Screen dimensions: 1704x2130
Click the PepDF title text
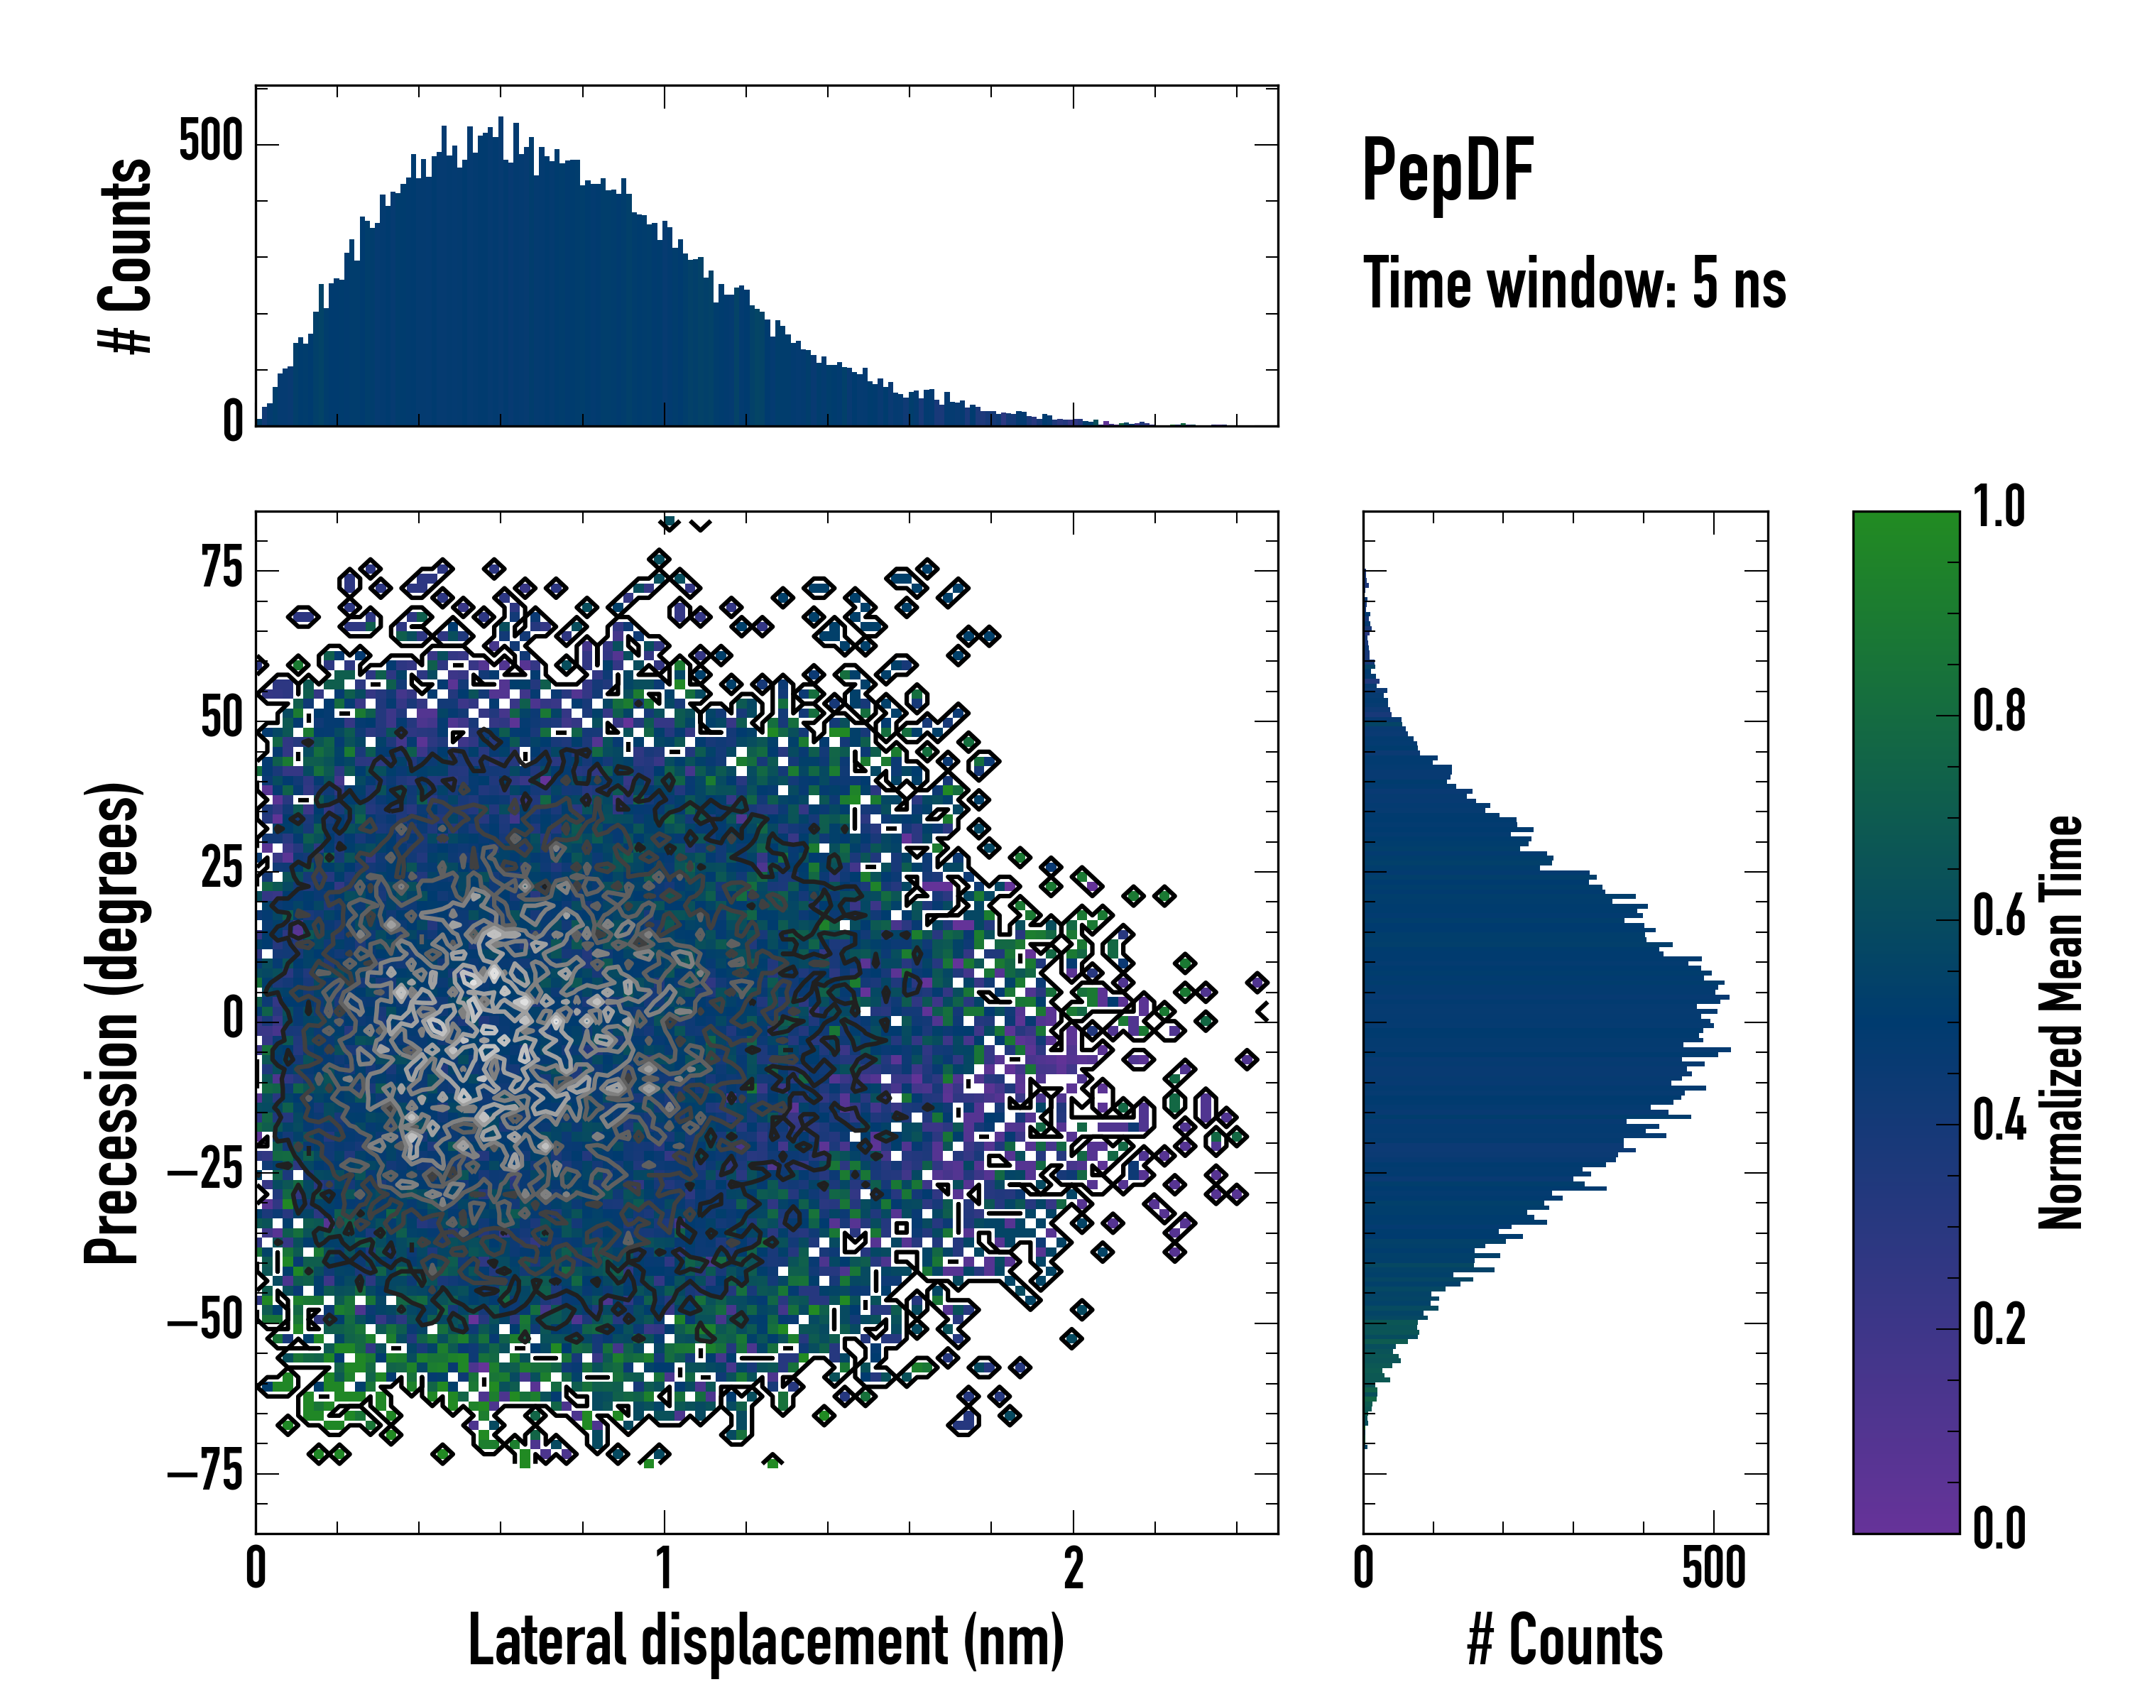tap(1447, 171)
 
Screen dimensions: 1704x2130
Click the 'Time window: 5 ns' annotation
tap(1574, 283)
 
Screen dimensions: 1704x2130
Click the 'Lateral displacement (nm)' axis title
tap(765, 1640)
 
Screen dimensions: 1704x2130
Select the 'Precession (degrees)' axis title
tap(111, 1022)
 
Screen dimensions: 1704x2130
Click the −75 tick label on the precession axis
tap(205, 1473)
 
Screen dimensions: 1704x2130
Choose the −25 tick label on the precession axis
tap(205, 1171)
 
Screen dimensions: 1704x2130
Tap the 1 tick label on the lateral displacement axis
tap(664, 1568)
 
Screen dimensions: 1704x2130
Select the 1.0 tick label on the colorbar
tap(1999, 508)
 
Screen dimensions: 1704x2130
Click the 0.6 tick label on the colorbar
tap(1999, 917)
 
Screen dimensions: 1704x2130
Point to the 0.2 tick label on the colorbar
tap(1999, 1325)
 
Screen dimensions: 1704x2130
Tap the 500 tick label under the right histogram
tap(1714, 1568)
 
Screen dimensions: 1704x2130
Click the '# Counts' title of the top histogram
tap(126, 256)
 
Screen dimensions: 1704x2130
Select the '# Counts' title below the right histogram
tap(1565, 1640)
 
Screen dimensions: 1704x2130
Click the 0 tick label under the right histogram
tap(1363, 1568)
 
